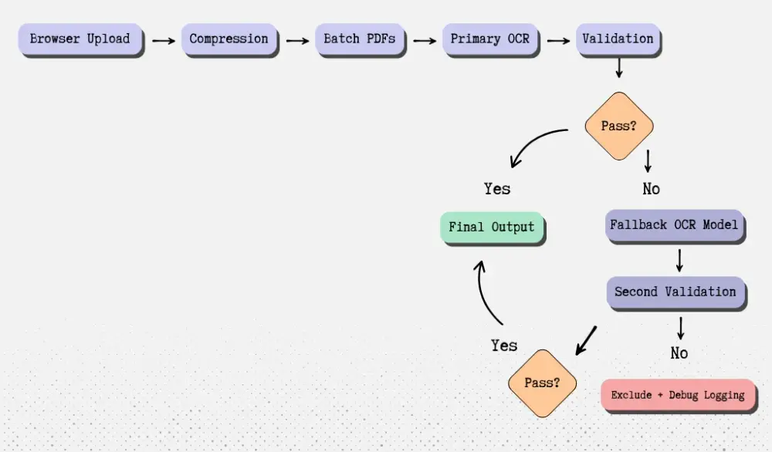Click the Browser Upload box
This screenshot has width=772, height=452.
point(80,39)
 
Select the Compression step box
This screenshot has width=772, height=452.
point(229,39)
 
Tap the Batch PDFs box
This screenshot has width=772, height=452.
point(360,39)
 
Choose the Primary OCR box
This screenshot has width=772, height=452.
point(490,39)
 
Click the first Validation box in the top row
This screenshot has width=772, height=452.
point(618,39)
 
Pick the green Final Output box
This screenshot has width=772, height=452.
point(492,228)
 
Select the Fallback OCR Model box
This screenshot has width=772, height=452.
point(675,226)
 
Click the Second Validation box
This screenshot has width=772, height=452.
point(675,292)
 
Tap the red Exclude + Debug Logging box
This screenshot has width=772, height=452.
point(678,395)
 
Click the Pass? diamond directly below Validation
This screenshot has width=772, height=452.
point(618,126)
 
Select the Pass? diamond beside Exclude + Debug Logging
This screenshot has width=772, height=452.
point(542,383)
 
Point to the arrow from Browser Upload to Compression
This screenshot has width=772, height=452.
point(163,40)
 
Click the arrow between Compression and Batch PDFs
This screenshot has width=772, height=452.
point(297,40)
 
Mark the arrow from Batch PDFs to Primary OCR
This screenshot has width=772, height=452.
point(425,40)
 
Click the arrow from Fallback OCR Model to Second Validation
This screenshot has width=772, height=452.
point(679,260)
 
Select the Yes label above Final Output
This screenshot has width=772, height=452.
point(497,189)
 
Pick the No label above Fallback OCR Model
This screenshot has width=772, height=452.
point(652,189)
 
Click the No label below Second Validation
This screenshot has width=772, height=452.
point(679,353)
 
